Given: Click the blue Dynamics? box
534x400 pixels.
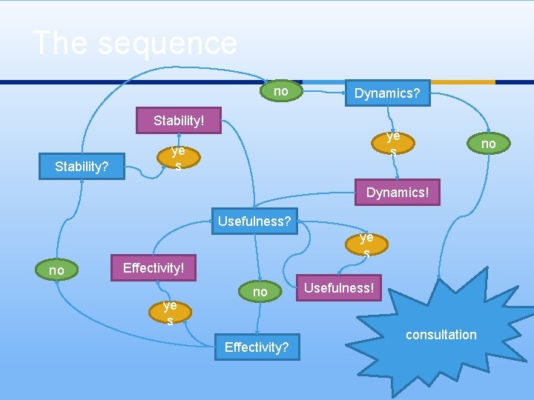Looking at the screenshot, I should [386, 93].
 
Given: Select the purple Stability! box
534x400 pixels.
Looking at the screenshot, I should [178, 121].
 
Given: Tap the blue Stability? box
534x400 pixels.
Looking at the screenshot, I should [82, 166].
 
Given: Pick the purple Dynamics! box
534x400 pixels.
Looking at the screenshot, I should [397, 193].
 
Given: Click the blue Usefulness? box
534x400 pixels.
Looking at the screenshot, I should [254, 221].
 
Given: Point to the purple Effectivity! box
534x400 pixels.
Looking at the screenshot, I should [153, 267].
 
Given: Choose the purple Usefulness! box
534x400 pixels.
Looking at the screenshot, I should [340, 287].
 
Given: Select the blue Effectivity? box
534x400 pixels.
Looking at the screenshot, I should [257, 347].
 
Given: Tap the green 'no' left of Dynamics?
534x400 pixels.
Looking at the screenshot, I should [281, 91].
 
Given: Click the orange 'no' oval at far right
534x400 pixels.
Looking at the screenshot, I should [488, 143].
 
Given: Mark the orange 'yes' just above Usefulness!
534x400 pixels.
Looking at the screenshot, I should [366, 244].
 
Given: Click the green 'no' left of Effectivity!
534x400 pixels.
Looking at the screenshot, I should [56, 270].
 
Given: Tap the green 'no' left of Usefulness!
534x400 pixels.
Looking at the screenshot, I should [260, 292].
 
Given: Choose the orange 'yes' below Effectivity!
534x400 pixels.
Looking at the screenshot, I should [170, 313].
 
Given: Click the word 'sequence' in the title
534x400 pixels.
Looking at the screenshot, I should [168, 43].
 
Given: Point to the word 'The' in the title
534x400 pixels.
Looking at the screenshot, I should [61, 43].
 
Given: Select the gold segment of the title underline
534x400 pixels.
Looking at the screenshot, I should [463, 81].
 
